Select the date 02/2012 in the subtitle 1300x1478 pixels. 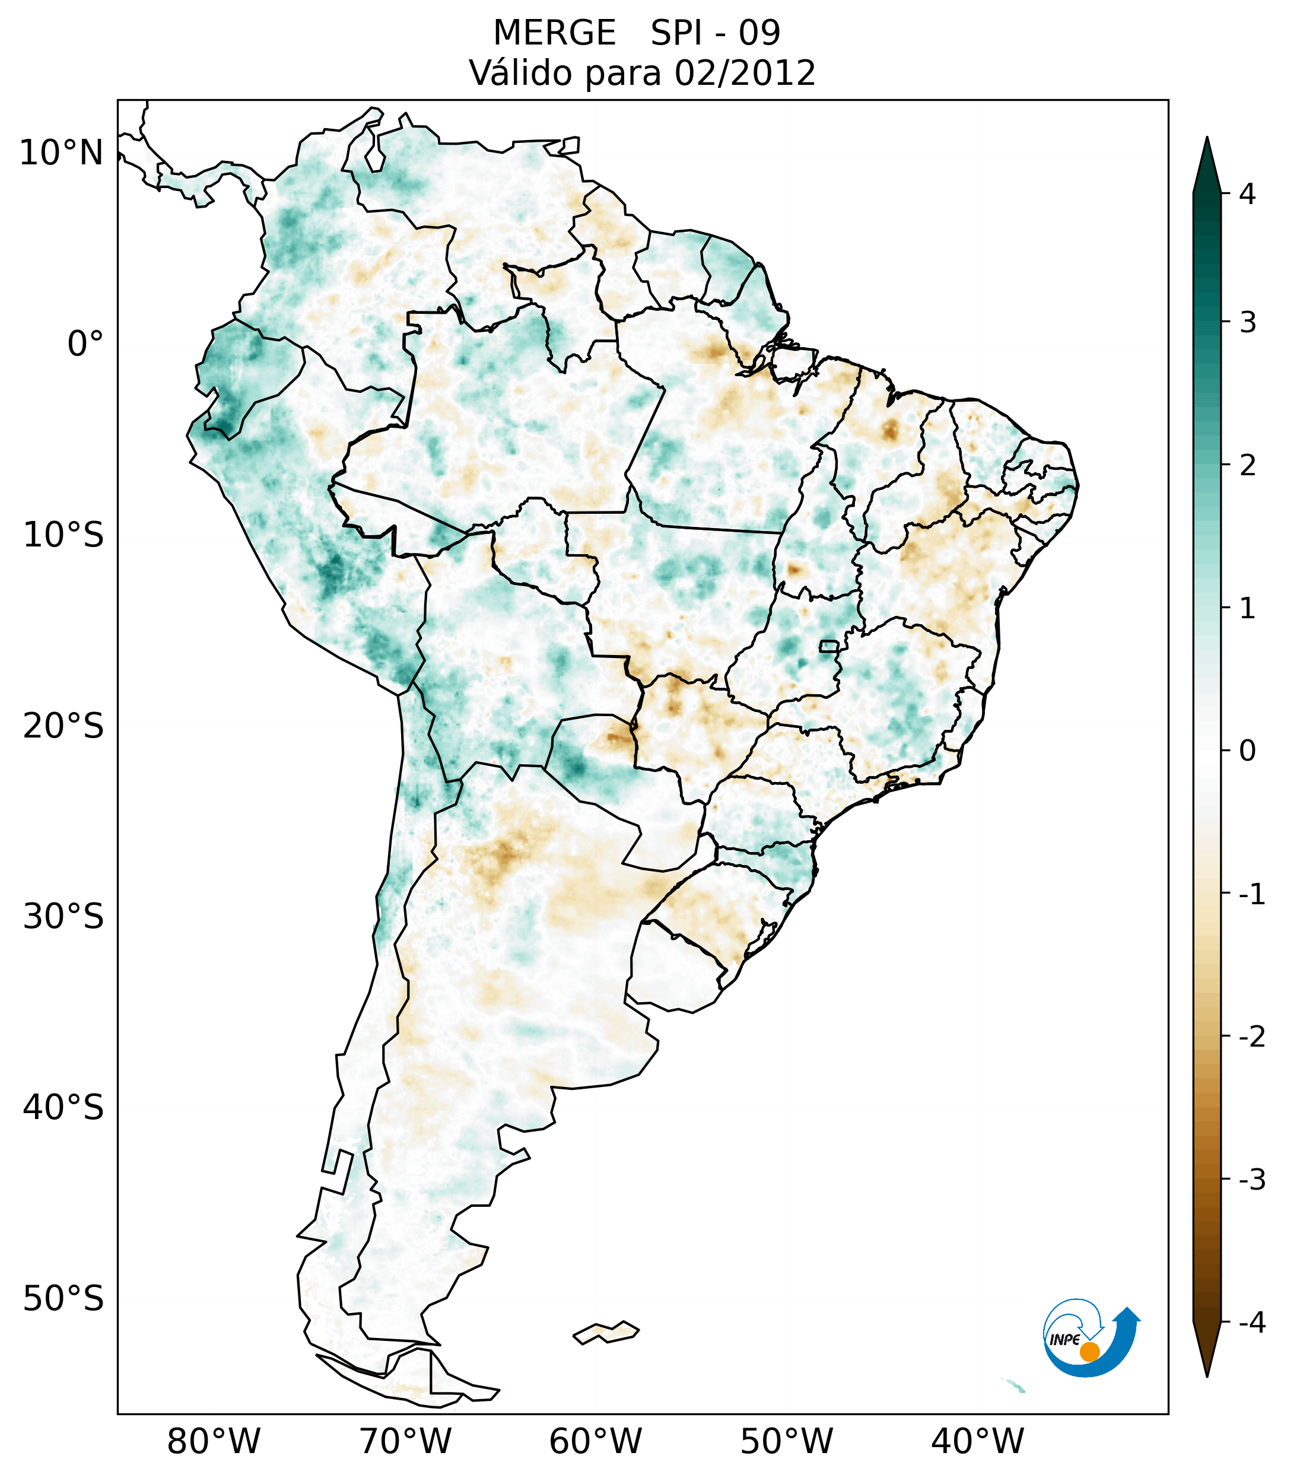pyautogui.click(x=745, y=73)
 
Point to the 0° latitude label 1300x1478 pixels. pyautogui.click(x=85, y=344)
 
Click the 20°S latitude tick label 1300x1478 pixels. pyautogui.click(x=63, y=725)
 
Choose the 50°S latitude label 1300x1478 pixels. pyautogui.click(x=63, y=1299)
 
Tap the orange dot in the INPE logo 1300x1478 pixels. pyautogui.click(x=1089, y=1351)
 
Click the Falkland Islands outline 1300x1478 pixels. pyautogui.click(x=606, y=1332)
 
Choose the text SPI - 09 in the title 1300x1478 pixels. pyautogui.click(x=715, y=33)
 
